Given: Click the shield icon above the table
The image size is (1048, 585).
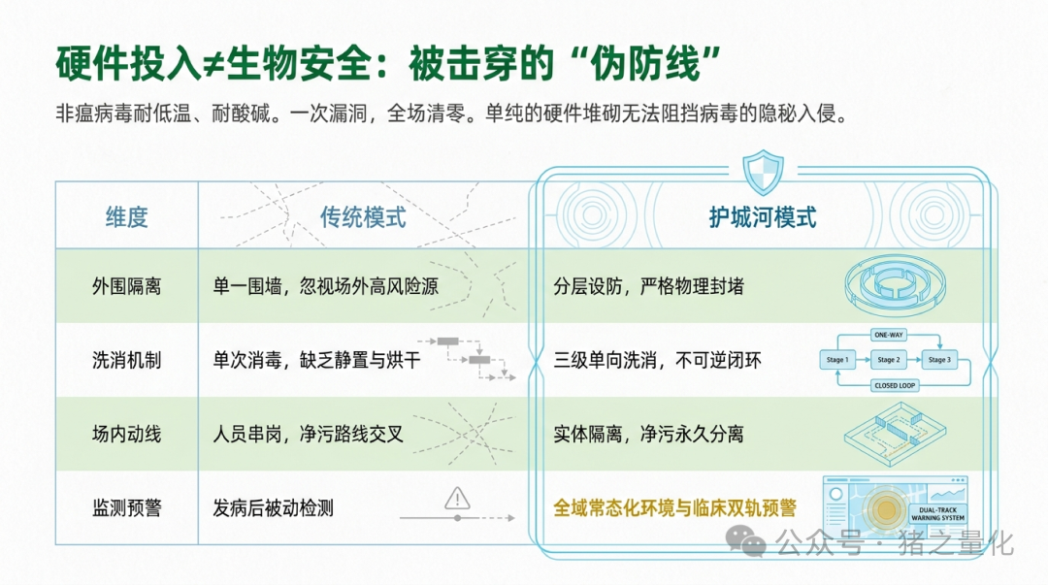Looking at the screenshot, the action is coord(763,172).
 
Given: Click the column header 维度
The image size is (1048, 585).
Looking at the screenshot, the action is coord(126,217).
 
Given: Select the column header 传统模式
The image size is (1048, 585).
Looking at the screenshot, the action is coord(362,217).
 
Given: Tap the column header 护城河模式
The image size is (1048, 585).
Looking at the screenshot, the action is coord(763,217).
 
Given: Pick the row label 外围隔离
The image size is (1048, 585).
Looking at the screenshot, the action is coord(126,287).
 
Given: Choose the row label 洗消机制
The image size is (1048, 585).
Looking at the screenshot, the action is coord(126,360).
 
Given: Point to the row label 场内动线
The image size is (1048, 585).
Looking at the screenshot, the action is coord(126,434).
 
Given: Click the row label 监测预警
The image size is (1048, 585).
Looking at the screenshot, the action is coord(126,508).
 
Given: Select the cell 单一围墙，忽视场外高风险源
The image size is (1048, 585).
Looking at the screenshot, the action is coord(325,287).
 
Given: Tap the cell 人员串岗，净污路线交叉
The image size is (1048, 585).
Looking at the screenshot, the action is coord(309,434).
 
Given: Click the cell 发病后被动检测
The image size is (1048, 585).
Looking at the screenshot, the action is coord(273,508).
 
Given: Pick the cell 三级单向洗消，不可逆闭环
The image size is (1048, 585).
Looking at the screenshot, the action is coord(657,360).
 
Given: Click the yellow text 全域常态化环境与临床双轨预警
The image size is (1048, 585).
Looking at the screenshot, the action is coord(674,508).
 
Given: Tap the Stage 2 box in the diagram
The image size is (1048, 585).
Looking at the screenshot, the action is coord(888,360).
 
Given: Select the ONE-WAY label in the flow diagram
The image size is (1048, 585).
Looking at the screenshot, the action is coord(888,335).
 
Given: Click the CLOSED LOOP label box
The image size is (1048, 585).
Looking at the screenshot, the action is coord(895,385).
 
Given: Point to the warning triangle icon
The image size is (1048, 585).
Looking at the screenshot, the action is coord(457,498).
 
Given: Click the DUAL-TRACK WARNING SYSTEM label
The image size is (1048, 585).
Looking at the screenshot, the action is coord(937,513).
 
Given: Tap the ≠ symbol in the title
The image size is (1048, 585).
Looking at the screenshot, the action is coord(213,64).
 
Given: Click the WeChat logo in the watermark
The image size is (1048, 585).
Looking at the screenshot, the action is coord(745,540).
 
